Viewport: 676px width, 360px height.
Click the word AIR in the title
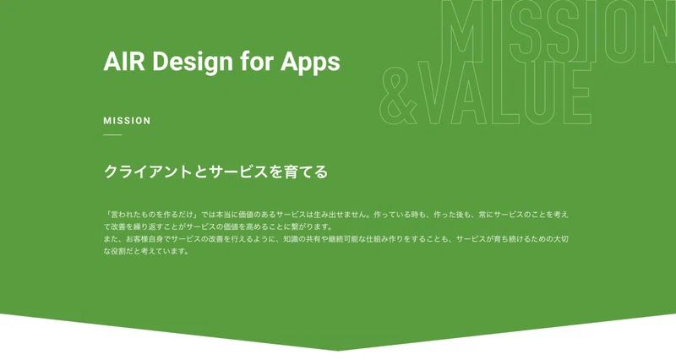[x=124, y=61]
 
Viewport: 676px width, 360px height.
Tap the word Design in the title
[x=193, y=62]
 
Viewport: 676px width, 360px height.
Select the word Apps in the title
[x=310, y=63]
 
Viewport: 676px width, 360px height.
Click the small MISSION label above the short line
[x=128, y=121]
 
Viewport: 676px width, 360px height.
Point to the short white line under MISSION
[x=113, y=135]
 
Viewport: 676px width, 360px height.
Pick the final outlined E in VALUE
[x=575, y=93]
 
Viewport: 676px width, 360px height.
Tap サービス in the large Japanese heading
[x=238, y=172]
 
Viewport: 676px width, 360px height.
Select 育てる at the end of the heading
[x=306, y=172]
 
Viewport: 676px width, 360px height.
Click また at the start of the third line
[x=111, y=239]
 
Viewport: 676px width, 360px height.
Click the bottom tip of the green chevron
[x=338, y=351]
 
